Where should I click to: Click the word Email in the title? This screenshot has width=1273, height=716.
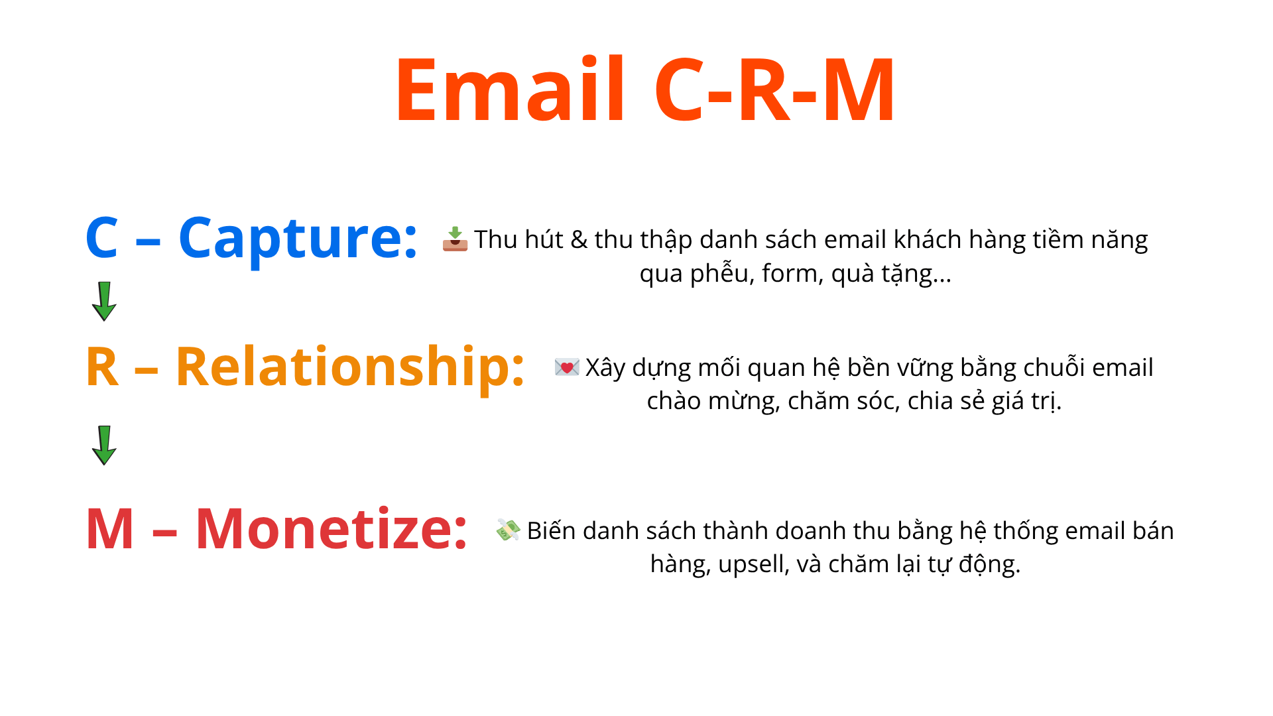click(510, 91)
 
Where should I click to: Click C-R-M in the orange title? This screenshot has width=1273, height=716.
click(775, 91)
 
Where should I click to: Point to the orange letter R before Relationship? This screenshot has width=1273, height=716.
click(101, 367)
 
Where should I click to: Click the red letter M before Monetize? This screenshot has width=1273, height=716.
click(110, 530)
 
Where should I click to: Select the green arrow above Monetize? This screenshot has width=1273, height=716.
click(104, 446)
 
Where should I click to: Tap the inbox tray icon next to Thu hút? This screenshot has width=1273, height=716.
click(455, 239)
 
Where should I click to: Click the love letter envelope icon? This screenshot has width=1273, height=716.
click(567, 367)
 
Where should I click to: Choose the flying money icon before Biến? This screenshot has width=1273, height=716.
click(508, 530)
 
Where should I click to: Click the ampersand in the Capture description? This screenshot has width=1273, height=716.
click(579, 240)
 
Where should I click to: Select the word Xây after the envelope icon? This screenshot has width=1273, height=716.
click(605, 368)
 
